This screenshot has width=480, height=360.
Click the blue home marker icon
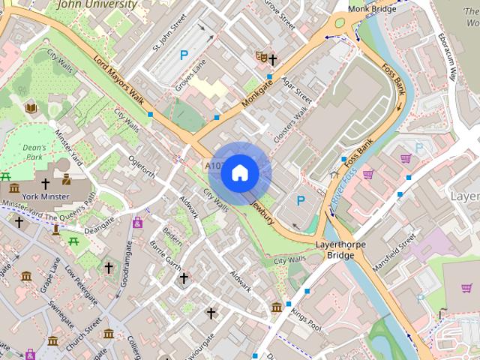coord(240,173)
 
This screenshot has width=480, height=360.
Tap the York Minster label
coord(46,196)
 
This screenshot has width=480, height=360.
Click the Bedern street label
coord(173,238)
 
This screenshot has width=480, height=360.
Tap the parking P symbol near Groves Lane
coord(184,55)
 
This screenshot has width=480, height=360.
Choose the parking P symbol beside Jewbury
coord(301,200)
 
